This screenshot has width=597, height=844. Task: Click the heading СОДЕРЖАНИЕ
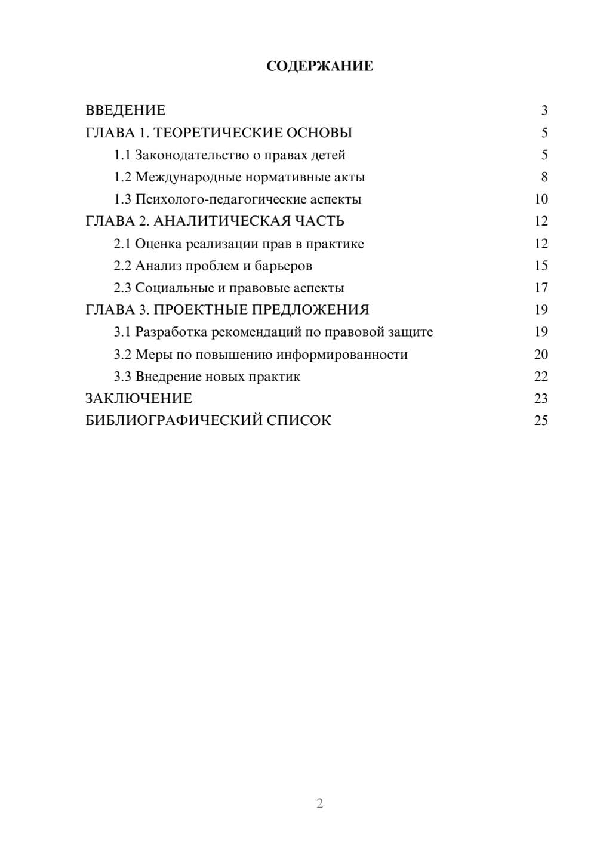coord(319,66)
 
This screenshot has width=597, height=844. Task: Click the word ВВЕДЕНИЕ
coord(125,110)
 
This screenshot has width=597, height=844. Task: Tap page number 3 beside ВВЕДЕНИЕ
coord(544,110)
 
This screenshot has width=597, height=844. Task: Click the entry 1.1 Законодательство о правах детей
coord(230,155)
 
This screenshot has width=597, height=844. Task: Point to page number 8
coord(544,177)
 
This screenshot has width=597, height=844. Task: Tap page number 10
coord(541,199)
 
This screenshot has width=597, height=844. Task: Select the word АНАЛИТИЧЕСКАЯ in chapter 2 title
coord(221,221)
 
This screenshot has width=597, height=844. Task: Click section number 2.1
coord(122,244)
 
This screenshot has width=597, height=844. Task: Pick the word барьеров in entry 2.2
coord(283,266)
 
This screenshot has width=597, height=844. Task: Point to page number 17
coord(541,288)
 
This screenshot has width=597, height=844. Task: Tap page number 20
coord(541,355)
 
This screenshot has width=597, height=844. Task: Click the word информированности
coord(343,355)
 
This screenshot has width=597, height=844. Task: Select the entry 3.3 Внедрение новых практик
coord(207,377)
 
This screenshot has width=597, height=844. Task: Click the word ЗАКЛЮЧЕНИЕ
coord(139,398)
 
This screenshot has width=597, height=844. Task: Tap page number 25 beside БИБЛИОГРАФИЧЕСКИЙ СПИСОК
coord(541,421)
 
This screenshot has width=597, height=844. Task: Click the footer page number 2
coord(319,803)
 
